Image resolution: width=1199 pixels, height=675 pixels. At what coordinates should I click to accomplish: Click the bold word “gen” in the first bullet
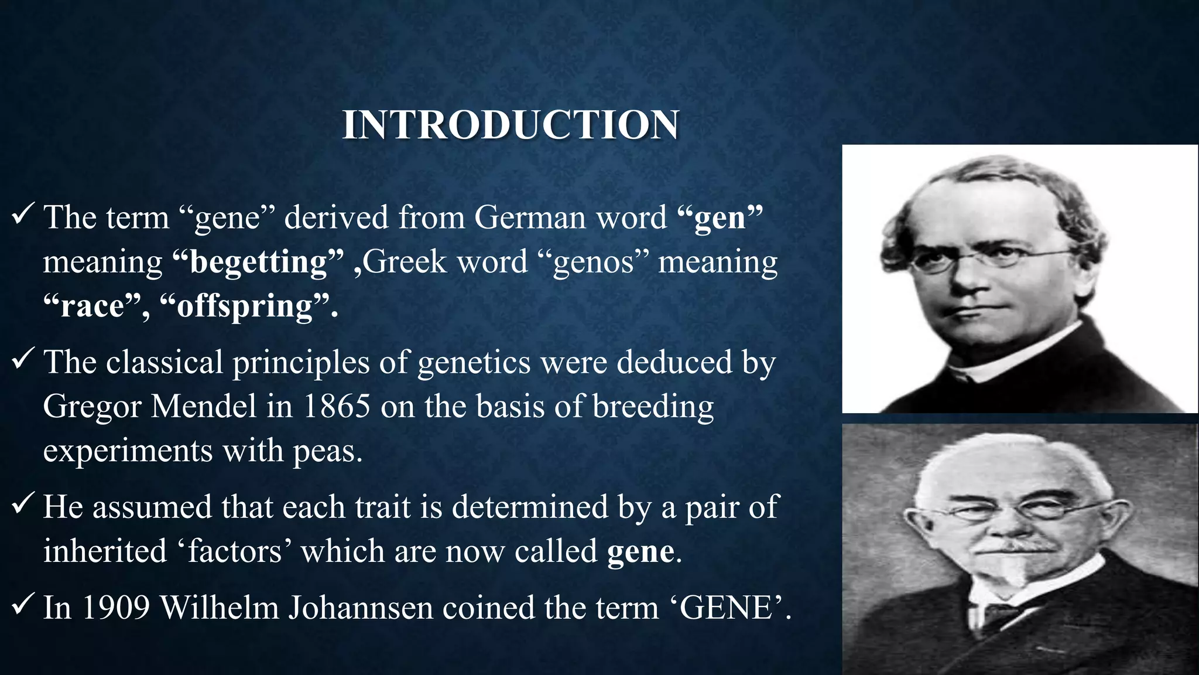(x=720, y=218)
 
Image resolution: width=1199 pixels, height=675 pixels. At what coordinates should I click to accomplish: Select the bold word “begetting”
(x=258, y=262)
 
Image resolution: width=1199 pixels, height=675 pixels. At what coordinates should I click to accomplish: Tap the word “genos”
(x=593, y=262)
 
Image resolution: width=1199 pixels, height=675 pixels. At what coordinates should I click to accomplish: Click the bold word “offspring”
(x=244, y=306)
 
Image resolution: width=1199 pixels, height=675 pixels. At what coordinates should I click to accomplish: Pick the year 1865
(x=337, y=406)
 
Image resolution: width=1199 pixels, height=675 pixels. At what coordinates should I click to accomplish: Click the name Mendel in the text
(x=203, y=406)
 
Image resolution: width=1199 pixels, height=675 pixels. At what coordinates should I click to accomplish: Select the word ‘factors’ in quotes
(x=234, y=551)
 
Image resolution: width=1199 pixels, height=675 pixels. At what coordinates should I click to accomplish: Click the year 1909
(x=116, y=608)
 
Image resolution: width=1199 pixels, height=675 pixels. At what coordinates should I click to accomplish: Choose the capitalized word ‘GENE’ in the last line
(x=725, y=608)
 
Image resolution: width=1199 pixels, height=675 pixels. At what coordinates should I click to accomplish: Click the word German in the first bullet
(x=529, y=218)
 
